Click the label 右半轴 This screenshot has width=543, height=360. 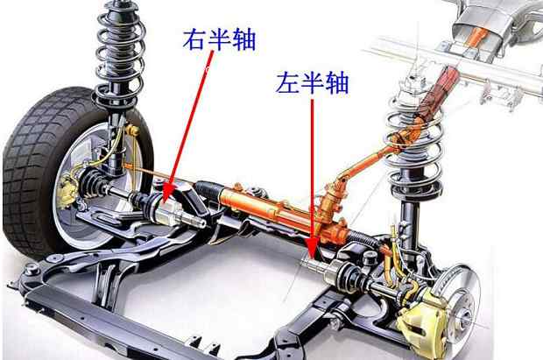tap(219, 39)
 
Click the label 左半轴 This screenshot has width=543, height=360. tap(313, 83)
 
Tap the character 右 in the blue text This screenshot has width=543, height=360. tap(194, 39)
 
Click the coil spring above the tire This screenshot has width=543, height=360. tap(119, 55)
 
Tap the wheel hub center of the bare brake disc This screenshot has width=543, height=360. tap(463, 316)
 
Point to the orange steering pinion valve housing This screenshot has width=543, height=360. tap(332, 201)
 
